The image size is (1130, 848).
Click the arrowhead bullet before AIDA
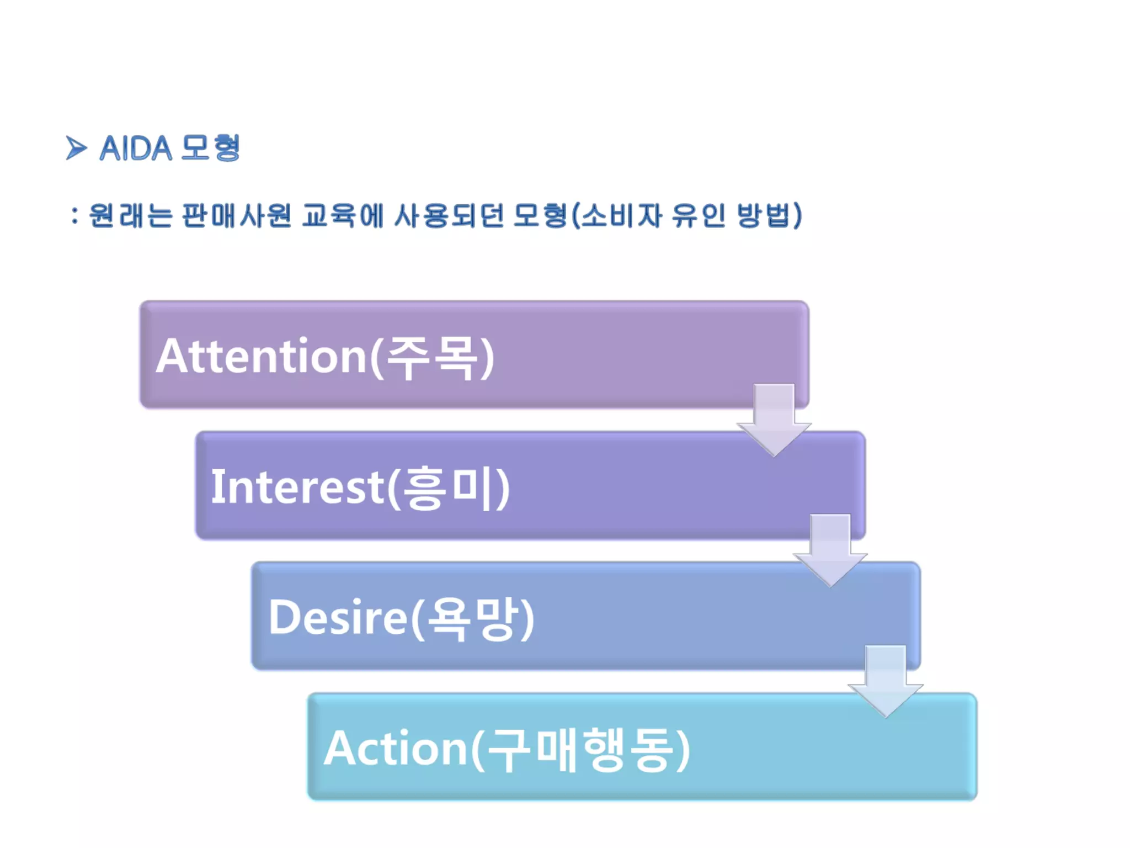[76, 148]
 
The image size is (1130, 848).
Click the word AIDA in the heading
[136, 149]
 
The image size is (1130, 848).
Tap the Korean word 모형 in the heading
[211, 148]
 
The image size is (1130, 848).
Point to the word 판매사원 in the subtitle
[237, 215]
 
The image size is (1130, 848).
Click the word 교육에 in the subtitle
[343, 215]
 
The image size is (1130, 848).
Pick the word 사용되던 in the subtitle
[449, 215]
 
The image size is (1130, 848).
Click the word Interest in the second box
[297, 487]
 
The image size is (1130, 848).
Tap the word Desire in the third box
[338, 617]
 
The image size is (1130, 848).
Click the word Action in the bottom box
[396, 748]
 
